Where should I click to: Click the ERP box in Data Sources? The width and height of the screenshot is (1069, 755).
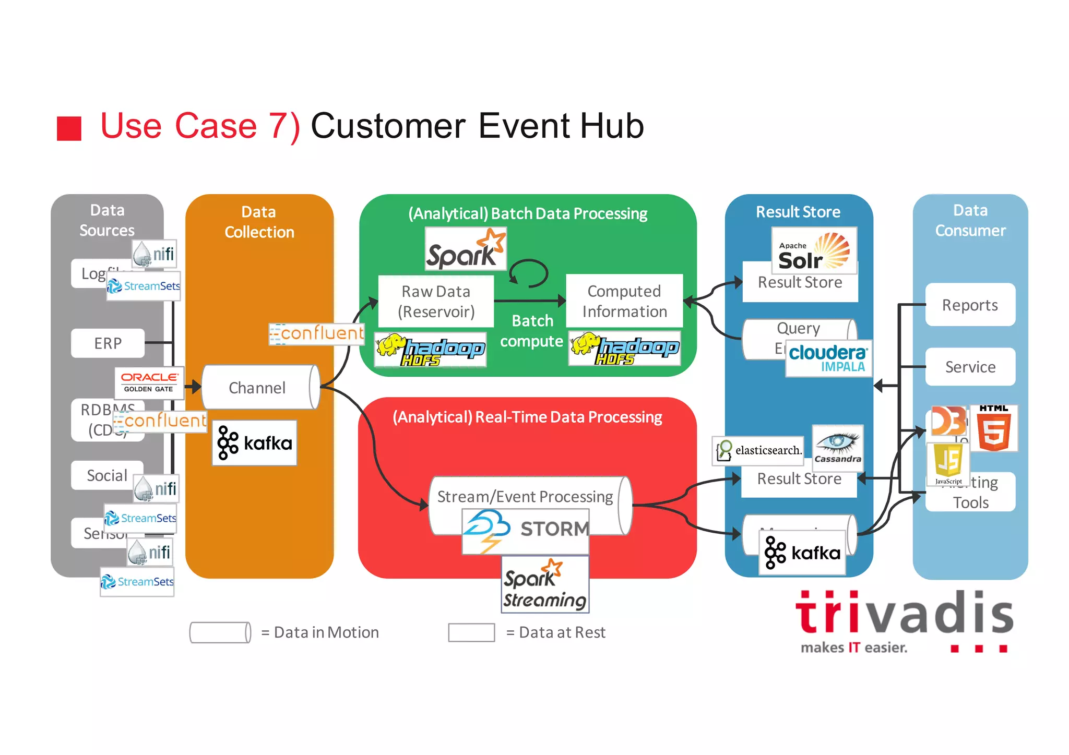click(x=108, y=343)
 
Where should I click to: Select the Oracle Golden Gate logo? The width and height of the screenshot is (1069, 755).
click(x=149, y=382)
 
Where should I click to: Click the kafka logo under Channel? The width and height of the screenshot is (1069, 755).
click(x=254, y=443)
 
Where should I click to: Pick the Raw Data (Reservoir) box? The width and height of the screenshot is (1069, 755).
click(x=436, y=301)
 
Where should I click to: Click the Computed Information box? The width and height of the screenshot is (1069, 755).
click(x=624, y=301)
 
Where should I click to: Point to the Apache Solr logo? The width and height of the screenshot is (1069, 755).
click(x=814, y=251)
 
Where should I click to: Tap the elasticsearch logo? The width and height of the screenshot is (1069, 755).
click(x=758, y=450)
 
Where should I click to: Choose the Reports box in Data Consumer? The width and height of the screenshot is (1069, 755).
click(x=970, y=305)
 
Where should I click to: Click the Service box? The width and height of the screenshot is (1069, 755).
click(x=970, y=367)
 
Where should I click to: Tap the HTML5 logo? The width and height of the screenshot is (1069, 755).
click(x=994, y=428)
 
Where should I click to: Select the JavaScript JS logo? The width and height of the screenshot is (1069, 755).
click(x=948, y=464)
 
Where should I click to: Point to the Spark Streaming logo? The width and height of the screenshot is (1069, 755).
click(x=545, y=584)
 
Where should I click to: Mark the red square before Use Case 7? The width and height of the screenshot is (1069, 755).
click(x=69, y=128)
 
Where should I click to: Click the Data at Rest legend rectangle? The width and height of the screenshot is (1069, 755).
click(x=471, y=632)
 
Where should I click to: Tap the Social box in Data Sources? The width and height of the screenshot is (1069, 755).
click(x=107, y=475)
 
